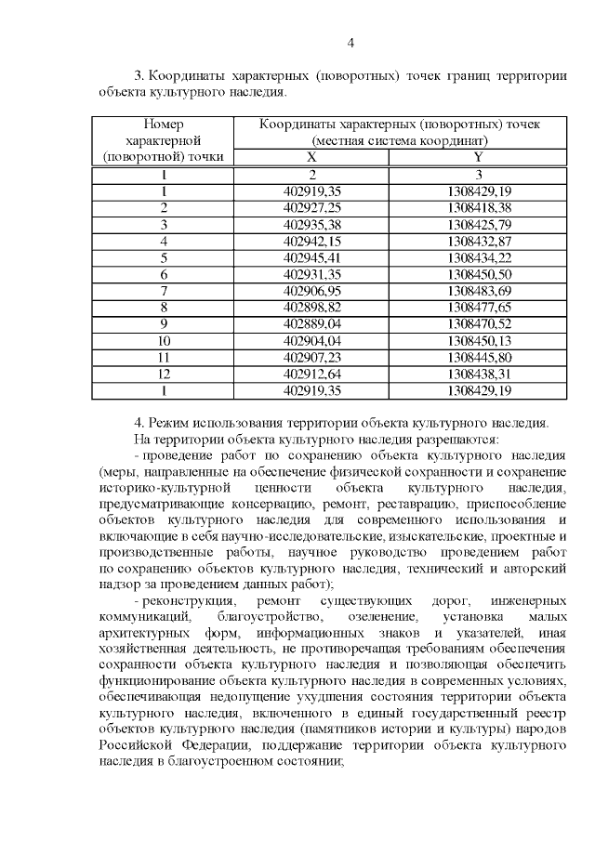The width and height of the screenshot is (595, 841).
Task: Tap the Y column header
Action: pyautogui.click(x=478, y=157)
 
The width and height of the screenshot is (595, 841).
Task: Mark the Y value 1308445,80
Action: pyautogui.click(x=478, y=358)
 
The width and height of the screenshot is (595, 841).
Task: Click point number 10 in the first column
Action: pyautogui.click(x=164, y=341)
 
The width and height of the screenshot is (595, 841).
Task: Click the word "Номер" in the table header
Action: pyautogui.click(x=164, y=124)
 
